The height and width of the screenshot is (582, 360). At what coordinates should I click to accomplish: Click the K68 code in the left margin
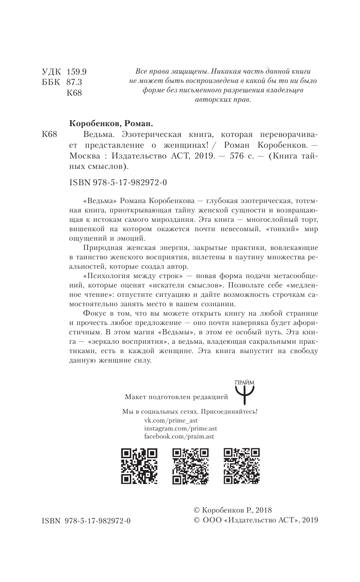pos(49,135)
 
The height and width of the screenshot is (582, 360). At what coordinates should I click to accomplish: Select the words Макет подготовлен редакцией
pos(176,397)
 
